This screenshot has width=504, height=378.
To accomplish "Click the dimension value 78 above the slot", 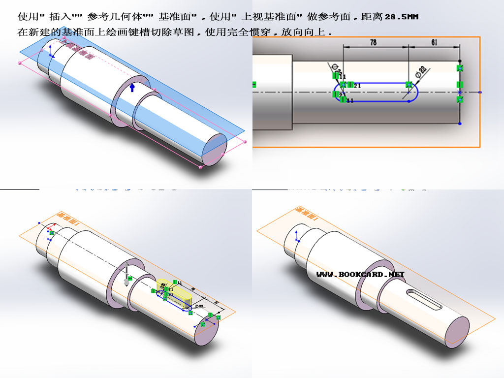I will click(373, 43).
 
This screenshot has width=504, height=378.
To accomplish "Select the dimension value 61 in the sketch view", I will click(434, 43).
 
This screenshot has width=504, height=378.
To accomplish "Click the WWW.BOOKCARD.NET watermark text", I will click(360, 274).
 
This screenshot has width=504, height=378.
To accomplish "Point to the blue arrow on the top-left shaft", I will click(132, 88).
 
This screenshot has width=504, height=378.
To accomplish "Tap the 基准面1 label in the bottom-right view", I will click(306, 213).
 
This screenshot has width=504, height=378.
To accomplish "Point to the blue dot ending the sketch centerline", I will click(480, 92).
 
